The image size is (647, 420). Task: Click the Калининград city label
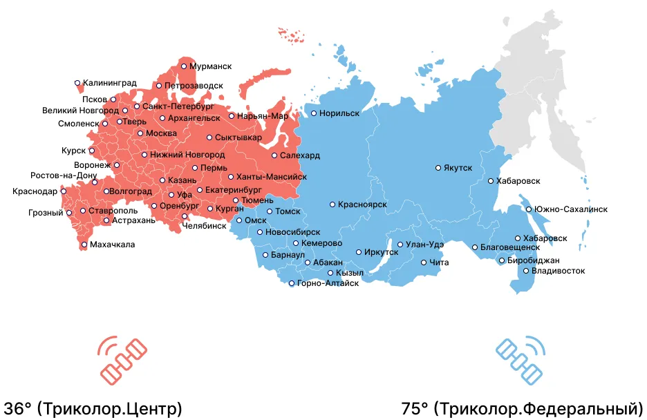coord(109,83)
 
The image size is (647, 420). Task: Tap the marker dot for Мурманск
coord(184,66)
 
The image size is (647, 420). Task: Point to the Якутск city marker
coord(438,168)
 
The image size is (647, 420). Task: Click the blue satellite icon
coord(523,360)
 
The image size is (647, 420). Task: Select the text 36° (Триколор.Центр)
coord(93,408)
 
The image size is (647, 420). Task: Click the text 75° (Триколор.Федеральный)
coord(523,408)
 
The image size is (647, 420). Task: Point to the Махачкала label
coord(113,245)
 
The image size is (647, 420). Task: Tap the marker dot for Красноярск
coord(332,204)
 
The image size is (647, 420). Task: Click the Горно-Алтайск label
coord(328,284)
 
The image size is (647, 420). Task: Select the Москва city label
coord(162,133)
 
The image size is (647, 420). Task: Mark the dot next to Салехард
coord(274,155)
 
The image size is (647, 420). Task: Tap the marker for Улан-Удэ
coord(400,245)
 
